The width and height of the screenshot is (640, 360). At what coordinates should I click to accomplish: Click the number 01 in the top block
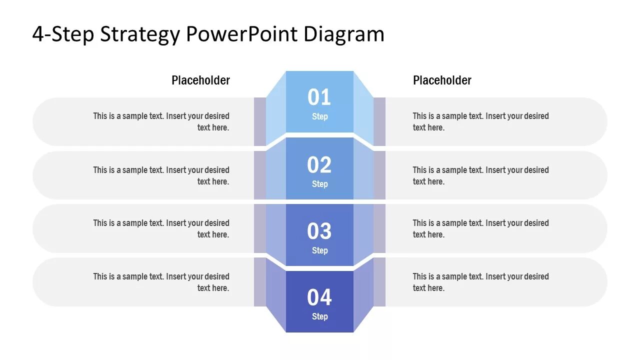(319, 97)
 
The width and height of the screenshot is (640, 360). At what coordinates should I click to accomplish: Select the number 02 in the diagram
(319, 165)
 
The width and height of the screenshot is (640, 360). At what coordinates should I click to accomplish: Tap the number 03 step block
(319, 231)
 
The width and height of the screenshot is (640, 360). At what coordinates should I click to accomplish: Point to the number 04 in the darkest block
(319, 297)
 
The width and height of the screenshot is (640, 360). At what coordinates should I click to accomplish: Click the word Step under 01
(319, 116)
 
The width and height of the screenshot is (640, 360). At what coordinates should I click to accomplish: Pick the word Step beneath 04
(319, 316)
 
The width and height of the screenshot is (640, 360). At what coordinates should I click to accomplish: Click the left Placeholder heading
(200, 80)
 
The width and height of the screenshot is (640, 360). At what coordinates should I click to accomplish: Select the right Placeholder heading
(442, 80)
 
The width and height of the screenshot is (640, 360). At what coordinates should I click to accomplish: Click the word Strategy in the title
(139, 34)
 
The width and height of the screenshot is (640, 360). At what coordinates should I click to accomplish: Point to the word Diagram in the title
(344, 34)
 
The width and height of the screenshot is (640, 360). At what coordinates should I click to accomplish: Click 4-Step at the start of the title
(63, 34)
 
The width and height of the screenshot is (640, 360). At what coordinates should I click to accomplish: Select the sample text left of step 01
(161, 121)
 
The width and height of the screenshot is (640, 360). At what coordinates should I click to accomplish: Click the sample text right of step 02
(480, 175)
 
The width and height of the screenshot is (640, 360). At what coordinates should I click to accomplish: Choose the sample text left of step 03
(161, 228)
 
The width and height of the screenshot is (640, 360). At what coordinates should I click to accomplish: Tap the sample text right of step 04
(480, 282)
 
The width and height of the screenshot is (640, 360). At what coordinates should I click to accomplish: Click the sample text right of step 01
(480, 121)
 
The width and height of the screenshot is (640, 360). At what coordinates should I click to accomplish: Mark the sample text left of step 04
(161, 282)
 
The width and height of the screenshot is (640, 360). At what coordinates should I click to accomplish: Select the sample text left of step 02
(161, 175)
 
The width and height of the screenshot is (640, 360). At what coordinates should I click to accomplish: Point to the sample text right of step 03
(480, 228)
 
